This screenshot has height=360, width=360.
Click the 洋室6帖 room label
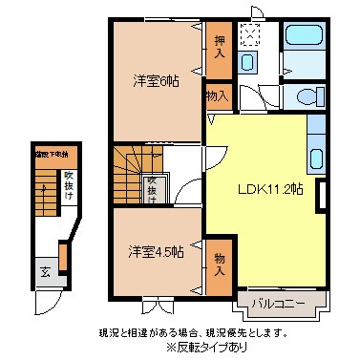[156, 81]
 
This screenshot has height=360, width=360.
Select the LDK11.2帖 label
[270, 189]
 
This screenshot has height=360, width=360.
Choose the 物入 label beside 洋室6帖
[217, 95]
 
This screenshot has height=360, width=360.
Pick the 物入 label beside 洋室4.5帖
[220, 265]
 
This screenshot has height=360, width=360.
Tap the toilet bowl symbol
[305, 96]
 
